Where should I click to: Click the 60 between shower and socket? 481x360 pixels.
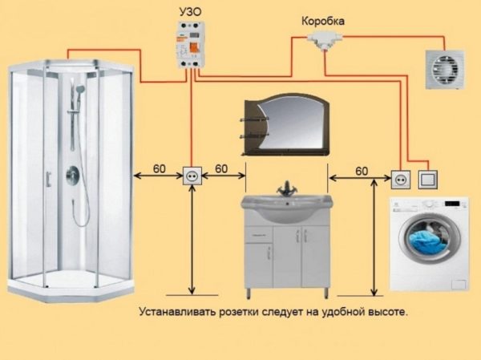[x=160, y=168]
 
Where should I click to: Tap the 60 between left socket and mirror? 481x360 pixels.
[x=221, y=168]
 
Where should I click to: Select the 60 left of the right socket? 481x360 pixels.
[x=362, y=171]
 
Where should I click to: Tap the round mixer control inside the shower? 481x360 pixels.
[x=73, y=173]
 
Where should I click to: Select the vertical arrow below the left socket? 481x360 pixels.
[x=192, y=241]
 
